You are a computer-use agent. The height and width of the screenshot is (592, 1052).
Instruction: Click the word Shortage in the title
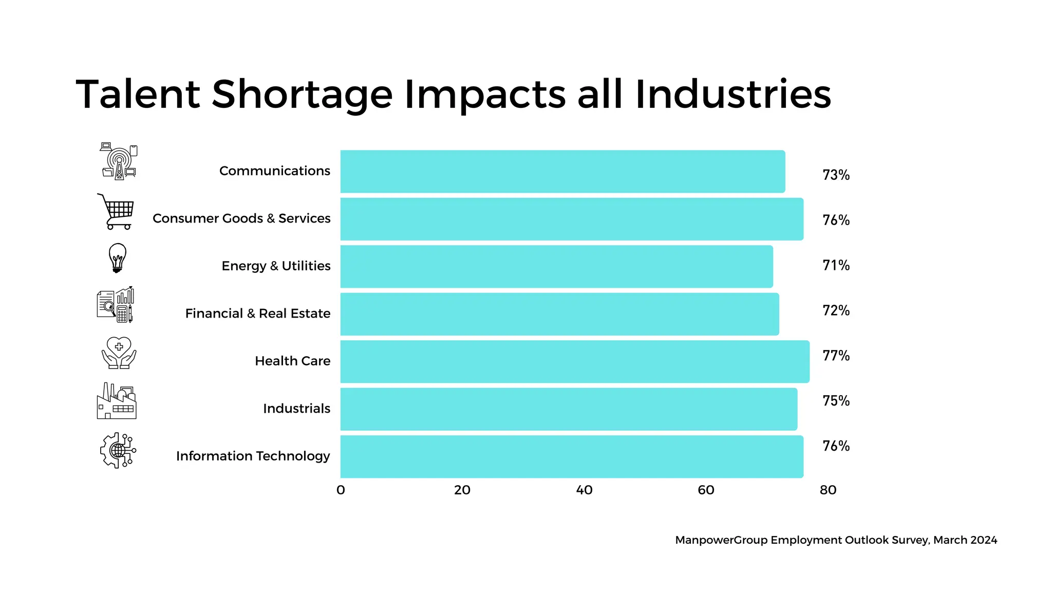(x=302, y=95)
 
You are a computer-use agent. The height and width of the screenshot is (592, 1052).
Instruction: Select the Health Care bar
(x=574, y=361)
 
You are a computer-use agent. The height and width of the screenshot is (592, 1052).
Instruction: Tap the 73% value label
(x=836, y=175)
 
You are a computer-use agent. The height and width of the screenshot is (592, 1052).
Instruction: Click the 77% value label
(x=836, y=356)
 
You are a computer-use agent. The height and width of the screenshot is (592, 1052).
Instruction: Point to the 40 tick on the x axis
(x=584, y=490)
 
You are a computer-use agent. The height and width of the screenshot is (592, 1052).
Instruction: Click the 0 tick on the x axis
(x=341, y=490)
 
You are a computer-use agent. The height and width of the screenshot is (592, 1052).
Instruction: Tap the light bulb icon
(x=118, y=257)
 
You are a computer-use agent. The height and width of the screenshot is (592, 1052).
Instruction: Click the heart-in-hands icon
(x=119, y=353)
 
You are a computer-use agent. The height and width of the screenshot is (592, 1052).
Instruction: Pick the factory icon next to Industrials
(x=117, y=401)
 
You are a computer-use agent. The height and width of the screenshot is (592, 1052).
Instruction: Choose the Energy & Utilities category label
(x=276, y=266)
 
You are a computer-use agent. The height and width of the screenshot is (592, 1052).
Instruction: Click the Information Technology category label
(x=253, y=456)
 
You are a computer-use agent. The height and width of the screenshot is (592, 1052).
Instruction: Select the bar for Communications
(x=562, y=171)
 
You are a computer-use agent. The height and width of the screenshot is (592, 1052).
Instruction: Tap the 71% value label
(x=836, y=265)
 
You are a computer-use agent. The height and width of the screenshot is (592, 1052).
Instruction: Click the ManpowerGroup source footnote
(x=836, y=540)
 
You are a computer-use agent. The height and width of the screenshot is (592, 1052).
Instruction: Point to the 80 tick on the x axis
(x=828, y=490)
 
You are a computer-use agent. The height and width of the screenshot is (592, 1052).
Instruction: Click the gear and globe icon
(x=118, y=450)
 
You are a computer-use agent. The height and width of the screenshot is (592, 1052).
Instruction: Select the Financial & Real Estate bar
(x=559, y=314)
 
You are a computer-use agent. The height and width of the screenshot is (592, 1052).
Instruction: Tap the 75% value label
(x=836, y=401)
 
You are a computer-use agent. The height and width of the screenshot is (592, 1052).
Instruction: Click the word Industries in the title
(x=733, y=95)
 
